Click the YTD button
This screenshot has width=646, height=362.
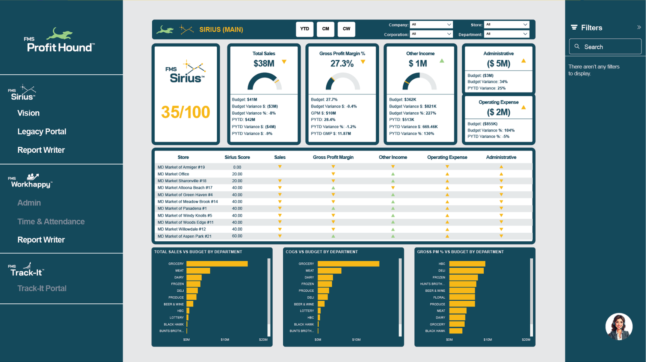(305, 29)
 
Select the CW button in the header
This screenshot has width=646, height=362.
(346, 29)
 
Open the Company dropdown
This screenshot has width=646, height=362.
(431, 24)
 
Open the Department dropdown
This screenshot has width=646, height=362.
(506, 34)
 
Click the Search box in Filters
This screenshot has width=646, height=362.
(605, 47)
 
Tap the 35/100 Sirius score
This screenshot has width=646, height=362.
(186, 112)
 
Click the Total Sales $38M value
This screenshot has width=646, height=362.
(264, 64)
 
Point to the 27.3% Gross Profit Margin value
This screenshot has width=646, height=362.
(342, 64)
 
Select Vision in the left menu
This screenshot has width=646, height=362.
(29, 113)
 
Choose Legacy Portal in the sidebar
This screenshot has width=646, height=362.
(42, 132)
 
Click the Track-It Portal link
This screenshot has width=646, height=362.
(42, 288)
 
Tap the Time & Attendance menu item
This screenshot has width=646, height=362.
(51, 221)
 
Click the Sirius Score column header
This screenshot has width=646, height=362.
(237, 158)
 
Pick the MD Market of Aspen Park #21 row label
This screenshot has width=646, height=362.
(184, 236)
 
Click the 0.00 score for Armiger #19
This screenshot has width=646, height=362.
(237, 167)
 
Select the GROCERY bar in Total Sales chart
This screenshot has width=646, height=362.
(217, 264)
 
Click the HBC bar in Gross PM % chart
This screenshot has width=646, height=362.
(467, 264)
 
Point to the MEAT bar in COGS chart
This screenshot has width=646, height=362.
(329, 271)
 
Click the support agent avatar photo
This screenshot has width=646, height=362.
(619, 326)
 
